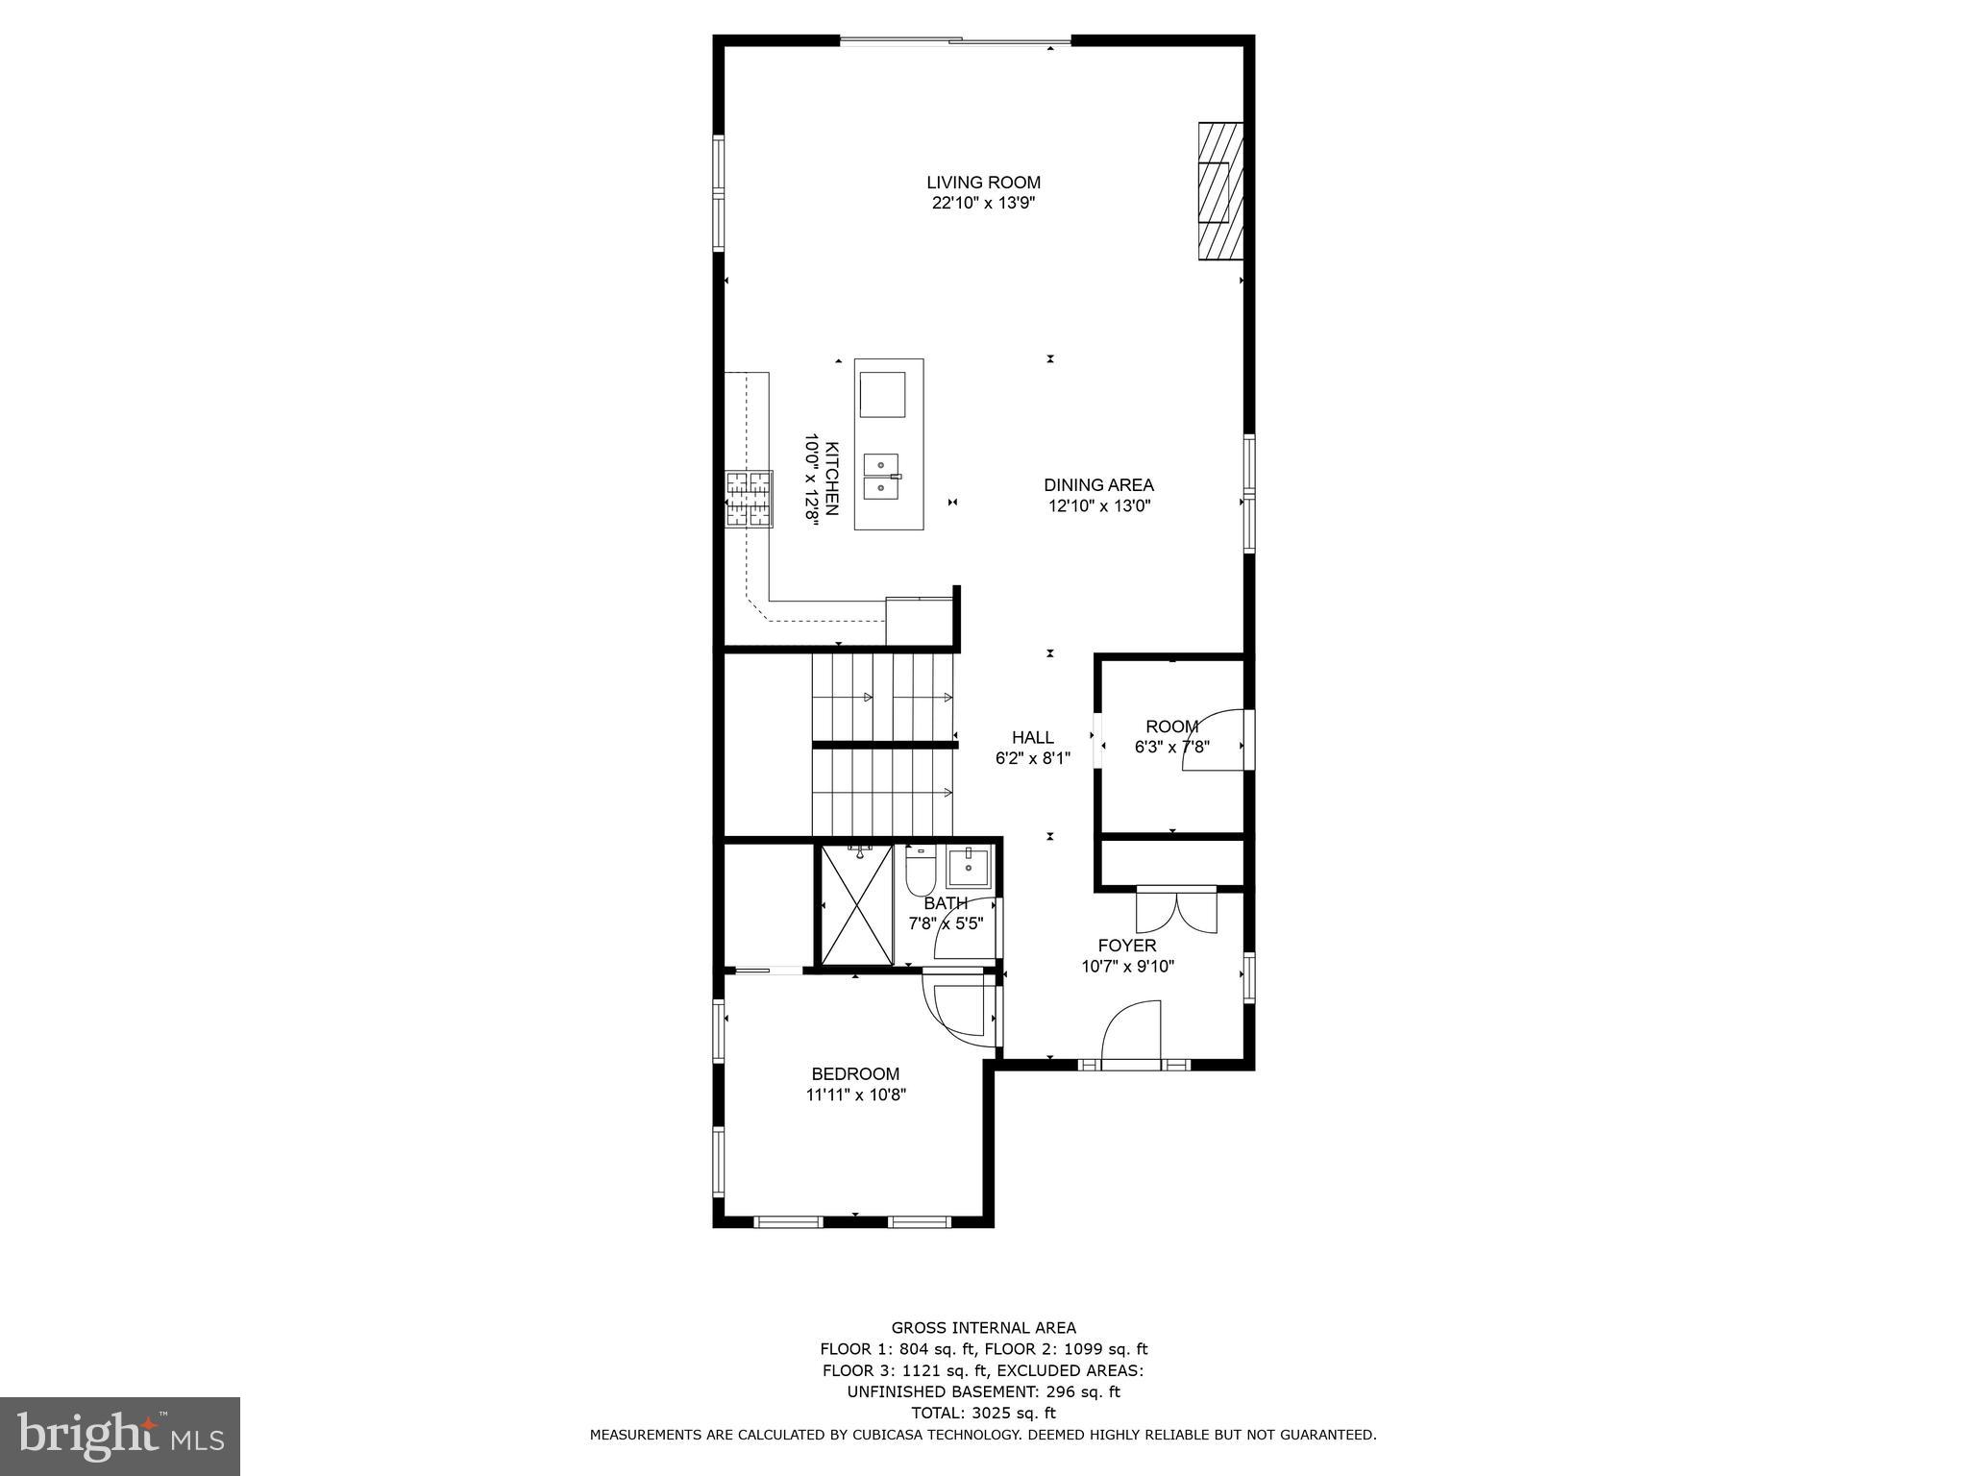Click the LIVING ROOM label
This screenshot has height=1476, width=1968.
[x=983, y=183]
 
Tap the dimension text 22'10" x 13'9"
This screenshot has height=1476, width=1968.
[x=983, y=204]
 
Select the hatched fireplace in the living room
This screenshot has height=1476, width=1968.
[x=1219, y=190]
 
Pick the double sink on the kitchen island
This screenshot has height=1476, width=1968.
[x=881, y=478]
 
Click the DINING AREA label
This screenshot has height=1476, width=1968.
[x=1098, y=485]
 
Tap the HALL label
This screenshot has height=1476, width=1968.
[x=1032, y=738]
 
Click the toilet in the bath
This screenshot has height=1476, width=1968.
[x=920, y=868]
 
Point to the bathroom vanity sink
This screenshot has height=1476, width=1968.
[x=968, y=868]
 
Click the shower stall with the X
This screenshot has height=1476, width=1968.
[x=857, y=903]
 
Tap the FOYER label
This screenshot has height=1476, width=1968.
[x=1127, y=946]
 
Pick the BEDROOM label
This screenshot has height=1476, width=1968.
[x=855, y=1074]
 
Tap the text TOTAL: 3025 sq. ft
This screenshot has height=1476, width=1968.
[x=983, y=1413]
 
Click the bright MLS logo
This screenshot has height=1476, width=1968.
[x=120, y=1436]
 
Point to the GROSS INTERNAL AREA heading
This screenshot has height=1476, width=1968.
[x=983, y=1328]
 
